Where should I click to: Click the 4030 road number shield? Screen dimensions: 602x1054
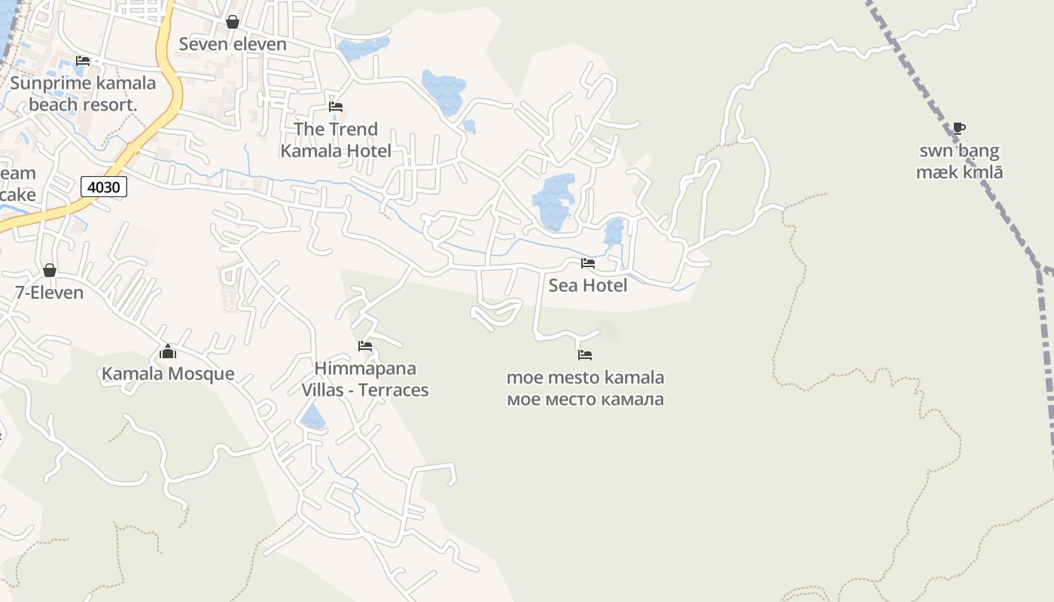pyautogui.click(x=103, y=187)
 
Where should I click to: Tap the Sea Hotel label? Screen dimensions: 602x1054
pyautogui.click(x=587, y=285)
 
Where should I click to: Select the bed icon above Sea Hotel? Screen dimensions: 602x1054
pyautogui.click(x=587, y=263)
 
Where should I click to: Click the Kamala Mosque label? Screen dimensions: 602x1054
pyautogui.click(x=168, y=374)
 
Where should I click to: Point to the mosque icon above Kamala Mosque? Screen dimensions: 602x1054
pyautogui.click(x=167, y=352)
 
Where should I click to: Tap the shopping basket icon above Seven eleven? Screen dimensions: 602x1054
pyautogui.click(x=233, y=22)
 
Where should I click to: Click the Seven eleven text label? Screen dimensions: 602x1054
pyautogui.click(x=233, y=44)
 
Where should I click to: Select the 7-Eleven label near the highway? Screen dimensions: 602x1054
pyautogui.click(x=50, y=293)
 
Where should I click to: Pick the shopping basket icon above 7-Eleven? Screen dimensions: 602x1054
pyautogui.click(x=50, y=270)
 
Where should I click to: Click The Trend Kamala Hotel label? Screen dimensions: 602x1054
pyautogui.click(x=336, y=140)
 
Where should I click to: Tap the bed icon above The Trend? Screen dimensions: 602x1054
pyautogui.click(x=336, y=107)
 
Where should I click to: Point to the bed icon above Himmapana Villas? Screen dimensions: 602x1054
pyautogui.click(x=365, y=346)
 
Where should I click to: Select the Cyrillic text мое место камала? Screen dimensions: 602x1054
pyautogui.click(x=585, y=399)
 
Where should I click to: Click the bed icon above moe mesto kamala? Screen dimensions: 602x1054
pyautogui.click(x=585, y=354)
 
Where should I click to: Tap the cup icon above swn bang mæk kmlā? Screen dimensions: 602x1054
pyautogui.click(x=958, y=129)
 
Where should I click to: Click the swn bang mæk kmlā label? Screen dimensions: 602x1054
pyautogui.click(x=959, y=162)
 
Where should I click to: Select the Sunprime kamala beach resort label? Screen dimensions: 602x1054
pyautogui.click(x=83, y=94)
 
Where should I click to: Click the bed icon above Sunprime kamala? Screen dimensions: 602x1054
pyautogui.click(x=83, y=61)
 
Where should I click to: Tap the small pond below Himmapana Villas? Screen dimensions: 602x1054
pyautogui.click(x=312, y=417)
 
